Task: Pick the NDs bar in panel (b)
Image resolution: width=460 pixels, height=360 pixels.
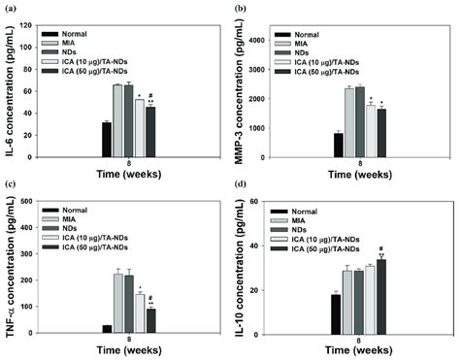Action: (360, 119)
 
